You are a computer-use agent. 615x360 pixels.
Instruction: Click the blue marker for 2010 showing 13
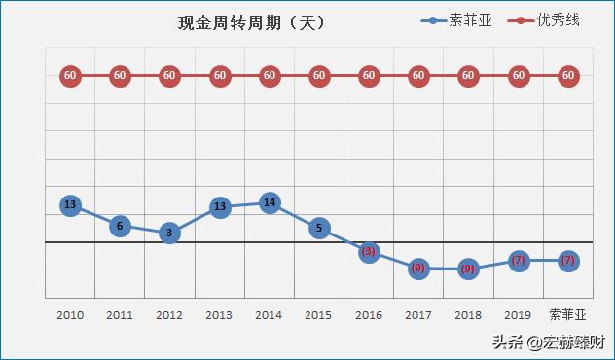point(70,205)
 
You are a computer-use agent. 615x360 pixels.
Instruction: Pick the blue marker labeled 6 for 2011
point(120,226)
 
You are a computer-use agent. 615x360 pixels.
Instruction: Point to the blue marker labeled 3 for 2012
point(169,234)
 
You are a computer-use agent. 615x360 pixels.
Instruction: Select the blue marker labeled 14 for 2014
point(270,203)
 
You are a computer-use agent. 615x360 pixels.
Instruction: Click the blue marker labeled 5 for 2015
point(319,229)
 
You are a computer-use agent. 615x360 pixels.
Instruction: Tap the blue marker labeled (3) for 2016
point(369,252)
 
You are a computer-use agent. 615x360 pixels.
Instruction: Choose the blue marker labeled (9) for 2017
point(418,269)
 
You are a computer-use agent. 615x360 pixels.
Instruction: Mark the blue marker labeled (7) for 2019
point(519,261)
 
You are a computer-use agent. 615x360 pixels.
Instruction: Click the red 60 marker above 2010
point(70,75)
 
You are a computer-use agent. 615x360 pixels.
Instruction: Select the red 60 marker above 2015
point(319,75)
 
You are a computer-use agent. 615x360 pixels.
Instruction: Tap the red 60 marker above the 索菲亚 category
point(568,75)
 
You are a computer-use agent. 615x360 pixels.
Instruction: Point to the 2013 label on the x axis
point(219,315)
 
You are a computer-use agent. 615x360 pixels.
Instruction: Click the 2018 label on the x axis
point(468,315)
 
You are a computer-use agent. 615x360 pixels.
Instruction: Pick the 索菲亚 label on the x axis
point(568,315)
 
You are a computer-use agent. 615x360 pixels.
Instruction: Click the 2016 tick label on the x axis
point(369,315)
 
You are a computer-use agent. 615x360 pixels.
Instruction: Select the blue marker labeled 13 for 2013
point(220,206)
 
